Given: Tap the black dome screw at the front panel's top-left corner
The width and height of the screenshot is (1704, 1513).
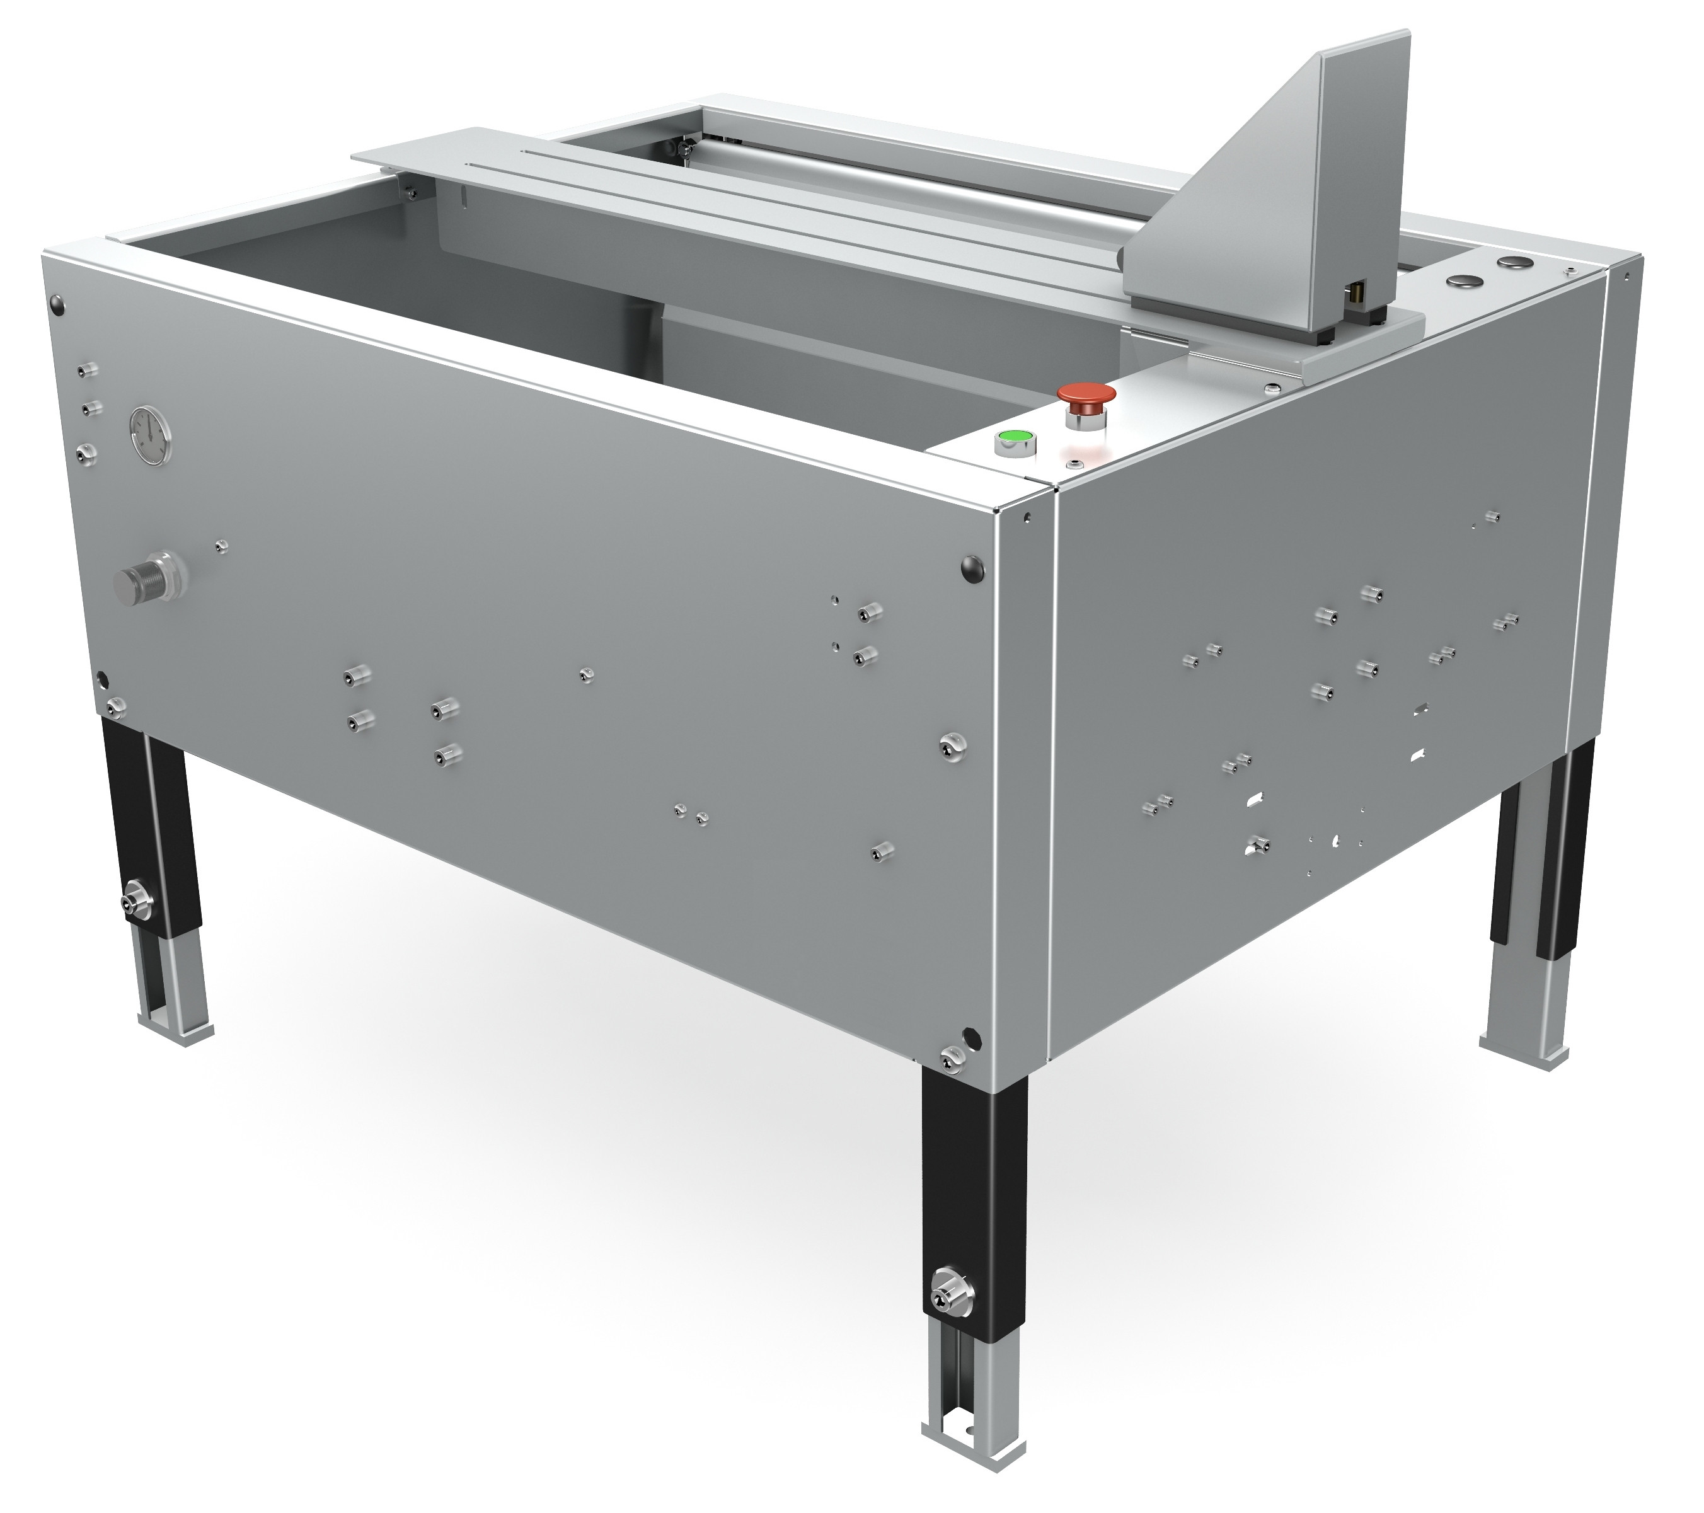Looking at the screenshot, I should pos(57,304).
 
